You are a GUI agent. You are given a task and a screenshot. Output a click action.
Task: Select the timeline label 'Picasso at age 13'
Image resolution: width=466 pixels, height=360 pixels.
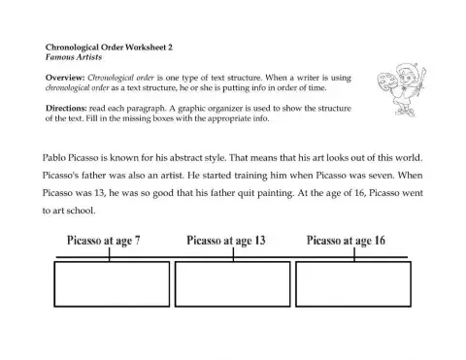225,239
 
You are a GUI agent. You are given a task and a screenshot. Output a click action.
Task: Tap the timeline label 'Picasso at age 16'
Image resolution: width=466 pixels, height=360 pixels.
346,239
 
